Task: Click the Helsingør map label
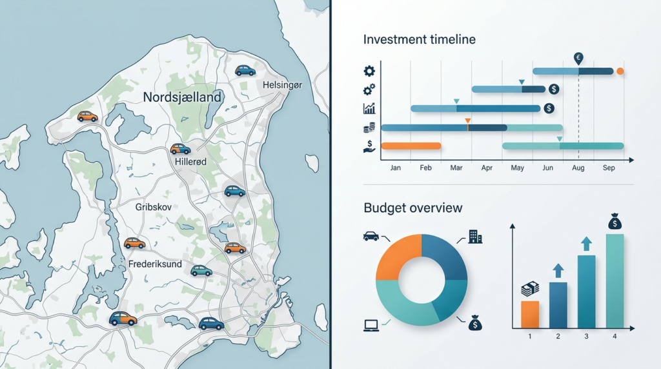pyautogui.click(x=283, y=85)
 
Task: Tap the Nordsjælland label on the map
pyautogui.click(x=182, y=97)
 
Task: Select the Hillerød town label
pyautogui.click(x=190, y=161)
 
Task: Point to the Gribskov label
pyautogui.click(x=154, y=207)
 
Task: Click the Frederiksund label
pyautogui.click(x=155, y=264)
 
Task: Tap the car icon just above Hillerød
pyautogui.click(x=181, y=148)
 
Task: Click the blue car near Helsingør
pyautogui.click(x=245, y=70)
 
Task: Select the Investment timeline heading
pyautogui.click(x=420, y=39)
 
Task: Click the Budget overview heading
pyautogui.click(x=412, y=208)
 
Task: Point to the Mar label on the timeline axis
pyautogui.click(x=456, y=168)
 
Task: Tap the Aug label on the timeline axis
pyautogui.click(x=578, y=168)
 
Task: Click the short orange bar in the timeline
pyautogui.click(x=411, y=146)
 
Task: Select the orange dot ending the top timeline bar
pyautogui.click(x=620, y=71)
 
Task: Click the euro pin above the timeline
pyautogui.click(x=578, y=59)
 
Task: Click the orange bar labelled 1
pyautogui.click(x=530, y=314)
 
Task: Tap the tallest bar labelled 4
pyautogui.click(x=615, y=281)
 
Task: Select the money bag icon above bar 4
pyautogui.click(x=615, y=221)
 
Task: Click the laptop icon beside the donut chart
pyautogui.click(x=371, y=325)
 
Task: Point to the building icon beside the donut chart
pyautogui.click(x=475, y=237)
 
